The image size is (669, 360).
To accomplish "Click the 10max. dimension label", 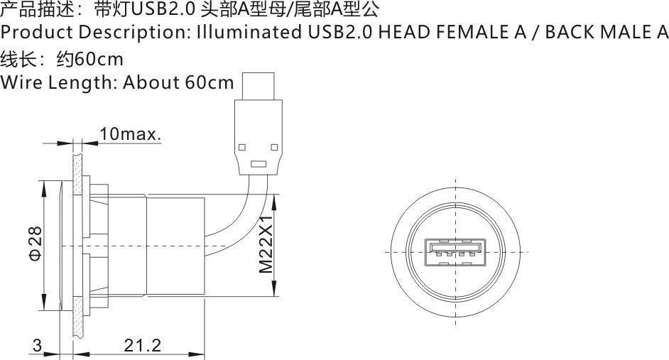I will coord(131,133).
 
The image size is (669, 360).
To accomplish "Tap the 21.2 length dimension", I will coord(142,346).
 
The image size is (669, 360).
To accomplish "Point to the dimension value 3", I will coord(37,346).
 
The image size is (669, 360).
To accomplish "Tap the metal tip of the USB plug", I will coord(258,86).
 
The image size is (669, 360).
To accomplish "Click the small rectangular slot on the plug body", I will coord(258,165).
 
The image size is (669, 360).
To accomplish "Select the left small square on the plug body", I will coord(242,147).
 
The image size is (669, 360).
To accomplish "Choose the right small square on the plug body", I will coord(273,147).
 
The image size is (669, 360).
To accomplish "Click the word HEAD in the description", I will coord(401,33).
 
